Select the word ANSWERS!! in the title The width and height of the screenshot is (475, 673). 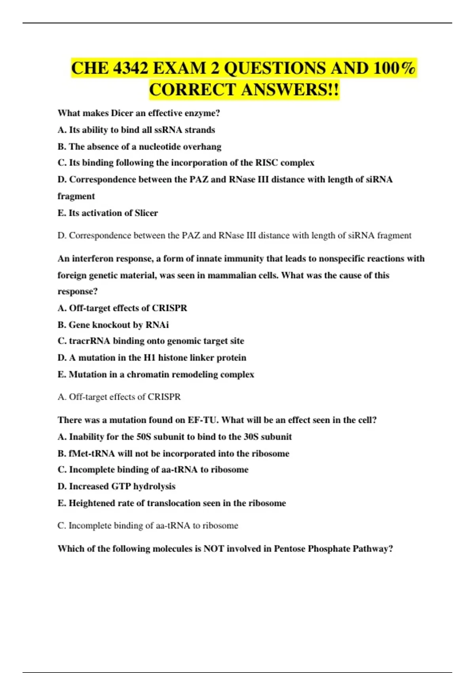tap(290, 89)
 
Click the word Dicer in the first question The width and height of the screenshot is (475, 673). tap(122, 113)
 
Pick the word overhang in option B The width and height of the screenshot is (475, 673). tap(202, 147)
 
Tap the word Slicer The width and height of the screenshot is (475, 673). tap(146, 213)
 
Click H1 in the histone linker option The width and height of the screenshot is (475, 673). tap(150, 358)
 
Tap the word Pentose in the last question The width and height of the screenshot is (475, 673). tap(290, 549)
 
